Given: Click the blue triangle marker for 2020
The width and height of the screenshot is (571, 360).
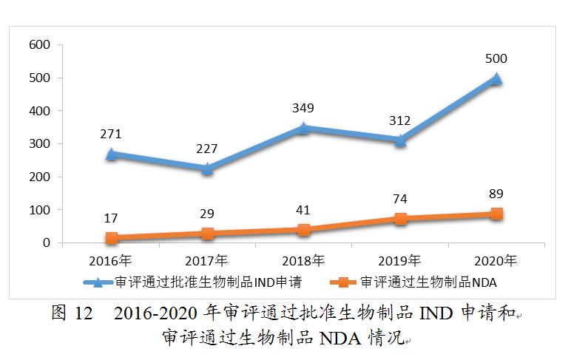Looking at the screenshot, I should (x=496, y=78).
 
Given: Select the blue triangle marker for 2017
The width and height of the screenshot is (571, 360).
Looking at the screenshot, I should (x=207, y=169).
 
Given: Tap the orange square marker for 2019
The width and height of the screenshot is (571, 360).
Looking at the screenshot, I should (x=400, y=218).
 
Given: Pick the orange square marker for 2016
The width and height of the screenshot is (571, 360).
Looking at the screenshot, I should (x=111, y=237).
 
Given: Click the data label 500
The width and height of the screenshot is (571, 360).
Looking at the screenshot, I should (x=496, y=58).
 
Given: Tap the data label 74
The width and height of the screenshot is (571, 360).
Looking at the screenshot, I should (x=399, y=199).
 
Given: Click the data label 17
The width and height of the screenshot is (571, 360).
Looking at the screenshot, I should (x=111, y=218).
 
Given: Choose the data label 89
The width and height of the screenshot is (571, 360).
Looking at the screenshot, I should (x=496, y=194).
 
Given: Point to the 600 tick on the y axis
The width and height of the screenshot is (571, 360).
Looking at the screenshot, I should (x=39, y=45).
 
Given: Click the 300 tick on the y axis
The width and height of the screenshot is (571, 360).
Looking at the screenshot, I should (x=39, y=144).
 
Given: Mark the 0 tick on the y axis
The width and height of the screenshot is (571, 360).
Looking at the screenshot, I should (x=46, y=243).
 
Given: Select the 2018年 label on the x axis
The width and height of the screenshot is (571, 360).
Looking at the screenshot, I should (x=303, y=260).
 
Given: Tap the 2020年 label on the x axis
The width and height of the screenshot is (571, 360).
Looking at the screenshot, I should (x=496, y=260).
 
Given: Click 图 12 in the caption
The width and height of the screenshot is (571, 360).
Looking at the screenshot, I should (x=71, y=313).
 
